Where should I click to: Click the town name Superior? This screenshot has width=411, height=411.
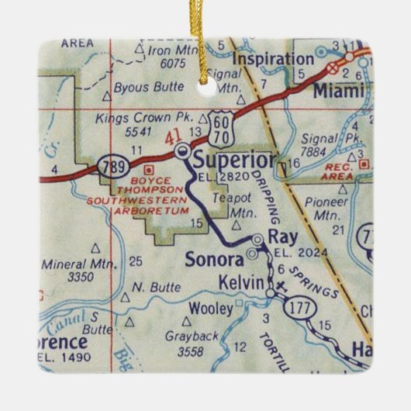[x=234, y=161]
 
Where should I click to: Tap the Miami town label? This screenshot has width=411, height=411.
[x=339, y=91]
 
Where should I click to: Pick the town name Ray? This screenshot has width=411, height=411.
[x=278, y=237]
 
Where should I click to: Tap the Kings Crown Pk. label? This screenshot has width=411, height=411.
[x=131, y=119]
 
